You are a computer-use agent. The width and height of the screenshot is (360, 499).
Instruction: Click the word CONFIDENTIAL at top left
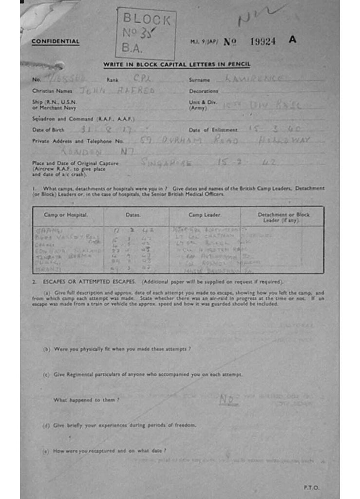(x=56, y=41)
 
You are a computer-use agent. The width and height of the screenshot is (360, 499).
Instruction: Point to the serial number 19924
(x=263, y=41)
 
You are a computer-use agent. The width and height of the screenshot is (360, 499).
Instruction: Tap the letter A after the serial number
(x=292, y=40)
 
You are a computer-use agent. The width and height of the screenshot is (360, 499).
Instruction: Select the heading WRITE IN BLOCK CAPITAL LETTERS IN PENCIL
(x=176, y=65)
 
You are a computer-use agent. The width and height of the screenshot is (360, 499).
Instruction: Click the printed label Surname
(x=199, y=79)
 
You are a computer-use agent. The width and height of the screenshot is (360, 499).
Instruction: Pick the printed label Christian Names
(x=52, y=91)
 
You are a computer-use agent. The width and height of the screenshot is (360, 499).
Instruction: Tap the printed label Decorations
(x=204, y=91)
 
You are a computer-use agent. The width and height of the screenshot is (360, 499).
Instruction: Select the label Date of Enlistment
(x=213, y=130)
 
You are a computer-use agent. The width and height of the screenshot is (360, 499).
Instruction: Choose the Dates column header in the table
(x=133, y=215)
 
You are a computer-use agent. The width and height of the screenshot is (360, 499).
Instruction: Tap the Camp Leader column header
(x=204, y=215)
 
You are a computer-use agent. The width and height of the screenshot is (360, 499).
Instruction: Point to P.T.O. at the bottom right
(x=311, y=487)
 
